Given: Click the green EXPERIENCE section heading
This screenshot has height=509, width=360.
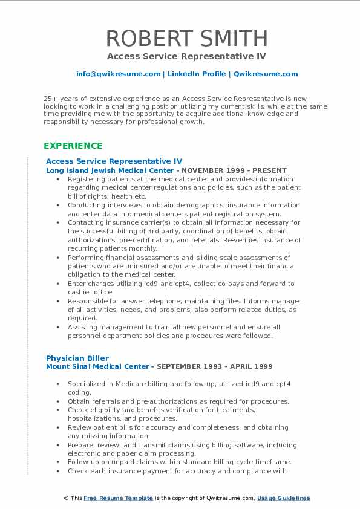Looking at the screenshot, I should [73, 146].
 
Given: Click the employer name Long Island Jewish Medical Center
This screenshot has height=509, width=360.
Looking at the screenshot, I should [97, 170].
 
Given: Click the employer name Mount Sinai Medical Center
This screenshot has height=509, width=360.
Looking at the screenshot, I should [97, 366].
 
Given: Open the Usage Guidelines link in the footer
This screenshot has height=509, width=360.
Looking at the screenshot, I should [283, 498].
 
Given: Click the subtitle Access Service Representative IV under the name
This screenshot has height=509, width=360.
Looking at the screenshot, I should [187, 56].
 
